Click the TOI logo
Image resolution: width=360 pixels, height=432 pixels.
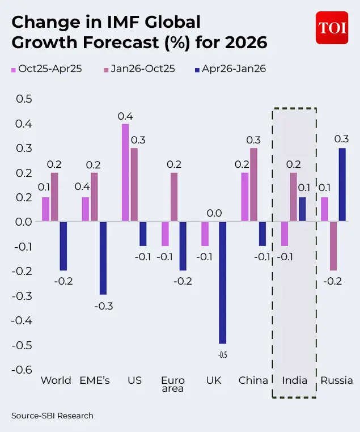click(332, 27)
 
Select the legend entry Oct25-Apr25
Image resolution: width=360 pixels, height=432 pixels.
click(46, 69)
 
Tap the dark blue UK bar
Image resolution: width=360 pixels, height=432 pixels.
click(223, 282)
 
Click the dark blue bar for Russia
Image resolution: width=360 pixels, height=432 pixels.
click(342, 184)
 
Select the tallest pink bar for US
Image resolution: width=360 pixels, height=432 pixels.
click(125, 172)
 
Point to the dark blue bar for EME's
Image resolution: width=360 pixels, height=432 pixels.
click(103, 258)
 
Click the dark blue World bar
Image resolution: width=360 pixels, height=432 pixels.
click(63, 245)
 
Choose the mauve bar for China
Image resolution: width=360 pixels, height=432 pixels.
click(254, 184)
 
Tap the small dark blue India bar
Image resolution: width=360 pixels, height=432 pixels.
click(302, 209)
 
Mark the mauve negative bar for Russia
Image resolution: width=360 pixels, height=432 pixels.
click(333, 245)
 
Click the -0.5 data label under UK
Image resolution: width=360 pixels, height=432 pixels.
click(223, 355)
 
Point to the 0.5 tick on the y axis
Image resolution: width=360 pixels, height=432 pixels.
click(23, 99)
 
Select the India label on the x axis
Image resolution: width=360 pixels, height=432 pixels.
click(294, 380)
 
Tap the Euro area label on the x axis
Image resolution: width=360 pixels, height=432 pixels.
click(172, 384)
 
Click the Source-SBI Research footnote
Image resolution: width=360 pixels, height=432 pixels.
click(52, 416)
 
